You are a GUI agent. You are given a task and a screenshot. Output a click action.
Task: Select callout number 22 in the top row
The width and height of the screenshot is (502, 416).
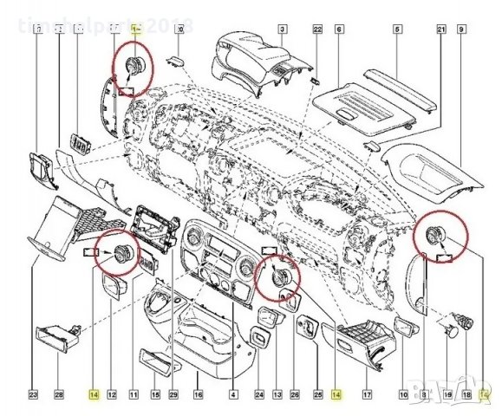pyautogui.click(x=317, y=30)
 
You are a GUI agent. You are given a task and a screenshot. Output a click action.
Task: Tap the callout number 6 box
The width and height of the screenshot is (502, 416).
pyautogui.click(x=339, y=30)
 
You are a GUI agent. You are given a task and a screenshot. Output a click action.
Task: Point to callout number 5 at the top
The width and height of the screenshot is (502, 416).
pyautogui.click(x=396, y=30)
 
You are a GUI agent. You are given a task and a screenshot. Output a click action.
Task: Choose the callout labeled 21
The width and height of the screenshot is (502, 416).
pyautogui.click(x=441, y=30)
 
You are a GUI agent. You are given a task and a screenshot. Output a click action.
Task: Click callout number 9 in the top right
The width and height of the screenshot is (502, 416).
pyautogui.click(x=462, y=30)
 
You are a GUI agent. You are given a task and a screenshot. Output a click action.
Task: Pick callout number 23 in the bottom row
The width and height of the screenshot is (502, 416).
pyautogui.click(x=33, y=395)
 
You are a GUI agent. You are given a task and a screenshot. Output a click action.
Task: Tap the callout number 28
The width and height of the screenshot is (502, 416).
pyautogui.click(x=59, y=395)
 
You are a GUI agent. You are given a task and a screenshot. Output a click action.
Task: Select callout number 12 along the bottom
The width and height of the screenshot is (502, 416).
pyautogui.click(x=112, y=395)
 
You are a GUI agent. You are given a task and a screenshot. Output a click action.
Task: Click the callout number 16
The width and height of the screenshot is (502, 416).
pyautogui.click(x=198, y=395)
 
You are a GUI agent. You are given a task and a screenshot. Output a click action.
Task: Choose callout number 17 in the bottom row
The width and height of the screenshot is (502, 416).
pyautogui.click(x=367, y=395)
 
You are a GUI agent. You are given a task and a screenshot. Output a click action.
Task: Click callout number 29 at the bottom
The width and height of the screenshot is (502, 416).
pyautogui.click(x=173, y=395)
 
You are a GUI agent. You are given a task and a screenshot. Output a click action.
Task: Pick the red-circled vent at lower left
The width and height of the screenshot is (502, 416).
pyautogui.click(x=116, y=253)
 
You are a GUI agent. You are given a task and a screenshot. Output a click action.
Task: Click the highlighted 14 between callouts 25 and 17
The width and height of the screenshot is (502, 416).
pyautogui.click(x=337, y=395)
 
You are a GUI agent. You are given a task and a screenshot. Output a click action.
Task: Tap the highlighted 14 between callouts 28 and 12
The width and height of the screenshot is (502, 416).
pyautogui.click(x=92, y=395)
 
